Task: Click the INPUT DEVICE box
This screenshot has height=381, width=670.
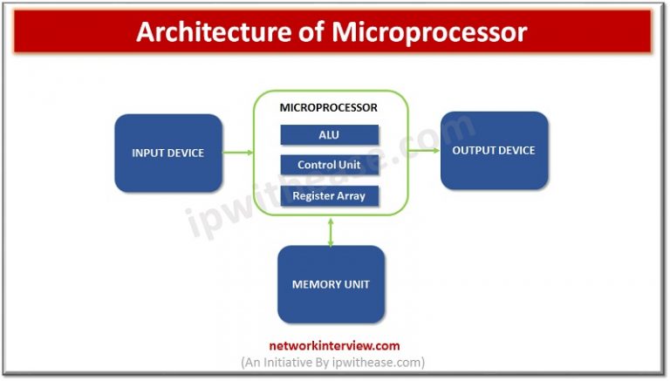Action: pos(168,153)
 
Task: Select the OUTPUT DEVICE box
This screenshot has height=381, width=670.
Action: pos(495,150)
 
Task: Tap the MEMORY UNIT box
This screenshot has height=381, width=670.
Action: pos(332,284)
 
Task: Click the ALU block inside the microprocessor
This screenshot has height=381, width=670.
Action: pos(330,135)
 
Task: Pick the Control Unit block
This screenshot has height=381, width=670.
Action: pos(330,165)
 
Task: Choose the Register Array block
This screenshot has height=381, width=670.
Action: pos(330,196)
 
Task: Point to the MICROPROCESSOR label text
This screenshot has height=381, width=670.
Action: pos(329,107)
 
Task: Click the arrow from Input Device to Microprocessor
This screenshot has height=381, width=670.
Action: pos(238,153)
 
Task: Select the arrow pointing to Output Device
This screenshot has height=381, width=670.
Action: pos(424,150)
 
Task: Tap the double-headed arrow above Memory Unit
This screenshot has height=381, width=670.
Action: pos(331,233)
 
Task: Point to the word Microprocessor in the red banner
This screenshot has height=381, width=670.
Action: pos(429,33)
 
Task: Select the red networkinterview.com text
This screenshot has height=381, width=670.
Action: pos(334,345)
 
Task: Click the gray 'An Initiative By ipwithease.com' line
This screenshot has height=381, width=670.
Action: pos(333,362)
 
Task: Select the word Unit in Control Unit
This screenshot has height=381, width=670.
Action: pos(350,165)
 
